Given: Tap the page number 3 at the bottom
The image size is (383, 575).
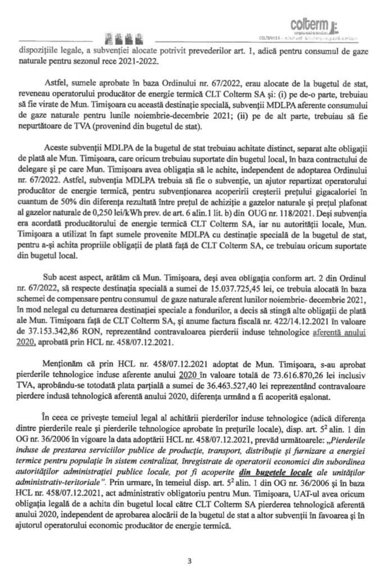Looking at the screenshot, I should tap(190, 560).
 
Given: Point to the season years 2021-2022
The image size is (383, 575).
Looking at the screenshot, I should tap(139, 62).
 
